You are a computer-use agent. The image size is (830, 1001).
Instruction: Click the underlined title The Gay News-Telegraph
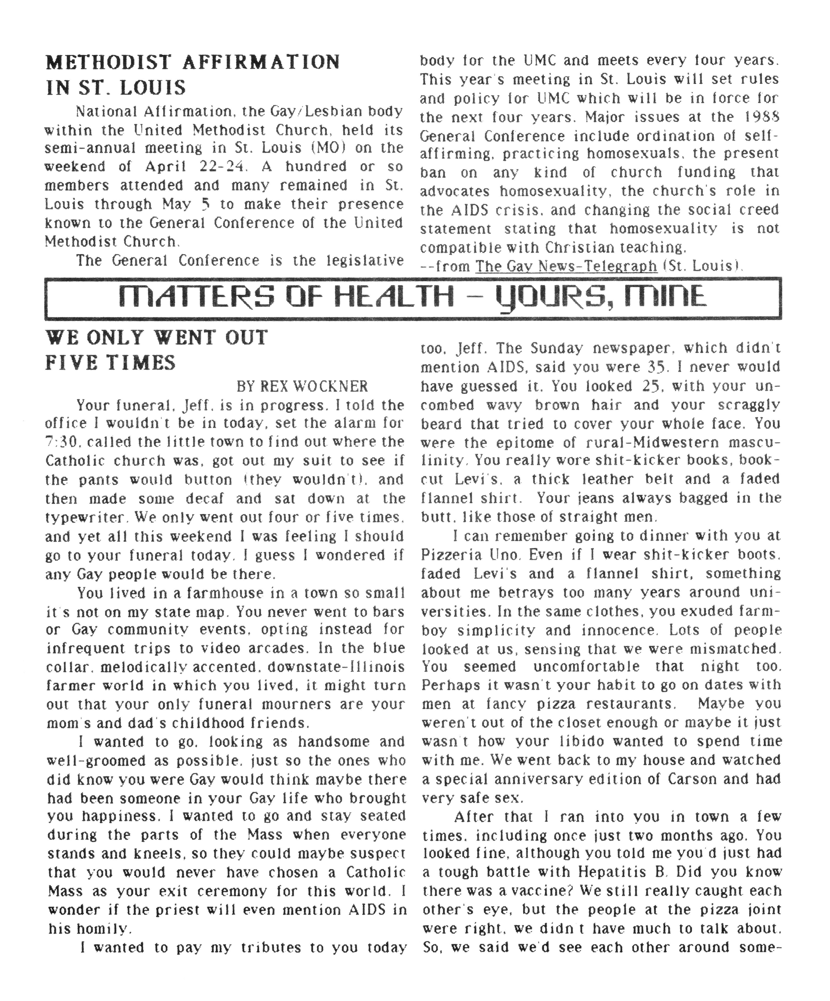[566, 266]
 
